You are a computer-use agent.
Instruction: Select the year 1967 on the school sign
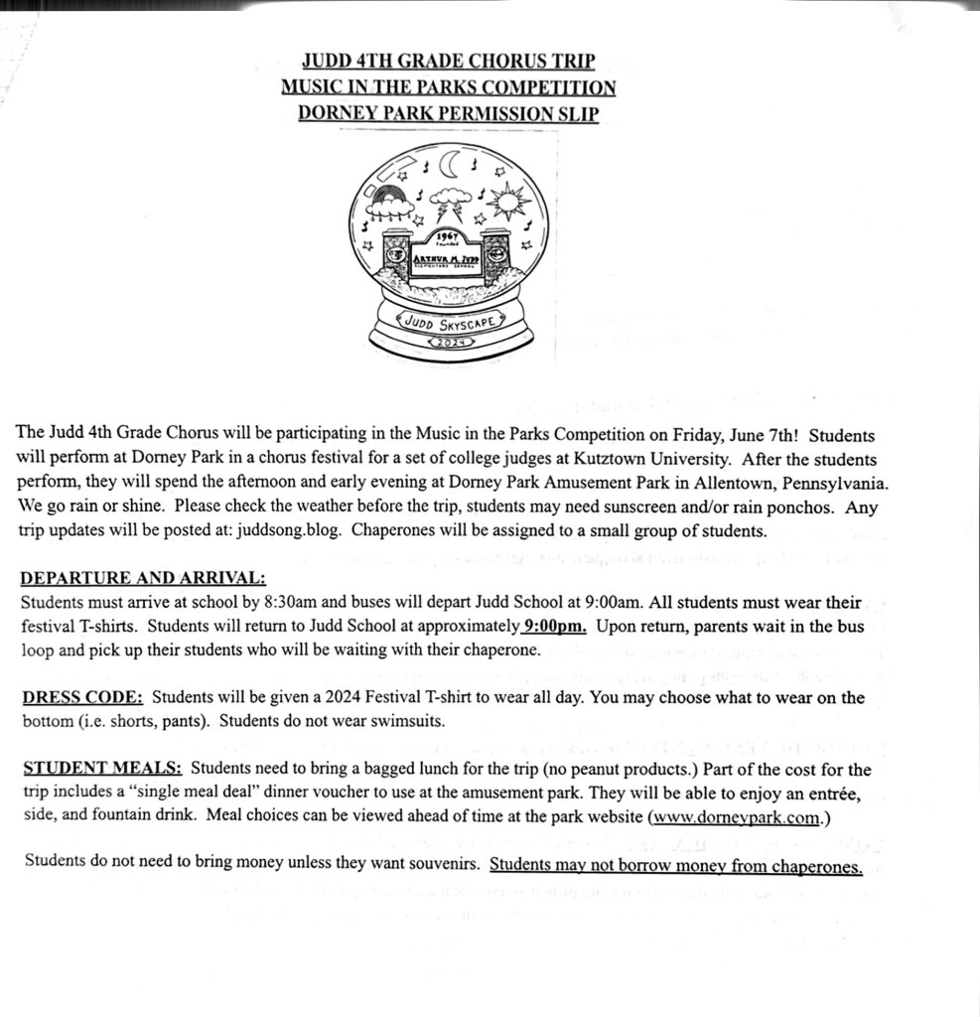click(x=449, y=236)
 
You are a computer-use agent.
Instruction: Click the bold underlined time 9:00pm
click(x=555, y=626)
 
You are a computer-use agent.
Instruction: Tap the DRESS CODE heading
click(x=82, y=697)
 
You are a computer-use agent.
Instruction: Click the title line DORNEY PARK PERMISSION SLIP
click(x=448, y=114)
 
